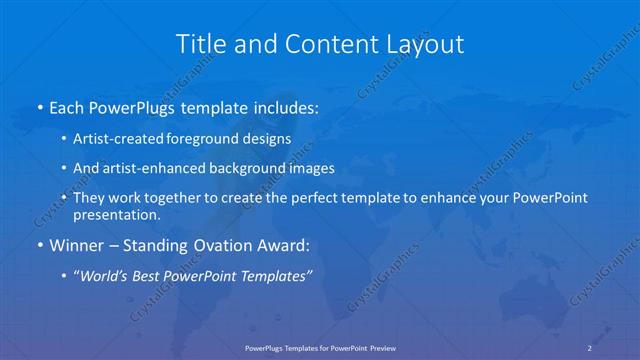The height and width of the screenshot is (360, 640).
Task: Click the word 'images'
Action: [x=306, y=169]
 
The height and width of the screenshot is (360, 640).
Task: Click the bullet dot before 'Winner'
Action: [x=38, y=245]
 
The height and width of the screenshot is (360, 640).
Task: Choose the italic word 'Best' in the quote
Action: [x=150, y=275]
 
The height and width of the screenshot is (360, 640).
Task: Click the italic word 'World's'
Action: [x=107, y=275]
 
